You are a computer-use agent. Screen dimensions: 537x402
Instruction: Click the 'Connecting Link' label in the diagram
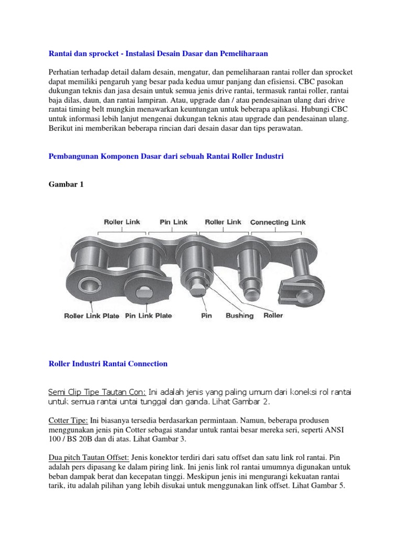pos(277,222)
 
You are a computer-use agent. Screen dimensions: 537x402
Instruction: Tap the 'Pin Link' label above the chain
pos(174,222)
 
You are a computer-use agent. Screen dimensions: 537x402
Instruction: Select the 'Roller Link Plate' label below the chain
pos(92,316)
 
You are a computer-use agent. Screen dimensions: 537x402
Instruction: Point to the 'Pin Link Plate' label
pos(149,316)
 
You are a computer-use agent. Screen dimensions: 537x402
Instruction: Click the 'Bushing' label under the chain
pos(239,316)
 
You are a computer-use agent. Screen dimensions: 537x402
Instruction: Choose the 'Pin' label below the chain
pos(206,316)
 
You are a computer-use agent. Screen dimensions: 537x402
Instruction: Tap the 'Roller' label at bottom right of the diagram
pos(273,316)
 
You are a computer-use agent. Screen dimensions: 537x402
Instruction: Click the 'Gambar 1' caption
pos(65,185)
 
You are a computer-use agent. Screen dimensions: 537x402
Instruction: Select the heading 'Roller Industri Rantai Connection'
pos(108,363)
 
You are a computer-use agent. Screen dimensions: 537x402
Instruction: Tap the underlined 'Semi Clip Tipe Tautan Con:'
pos(97,392)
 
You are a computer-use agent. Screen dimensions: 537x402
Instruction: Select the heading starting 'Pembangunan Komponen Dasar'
pos(165,156)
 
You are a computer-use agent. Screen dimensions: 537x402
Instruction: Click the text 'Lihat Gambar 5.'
pos(322,486)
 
